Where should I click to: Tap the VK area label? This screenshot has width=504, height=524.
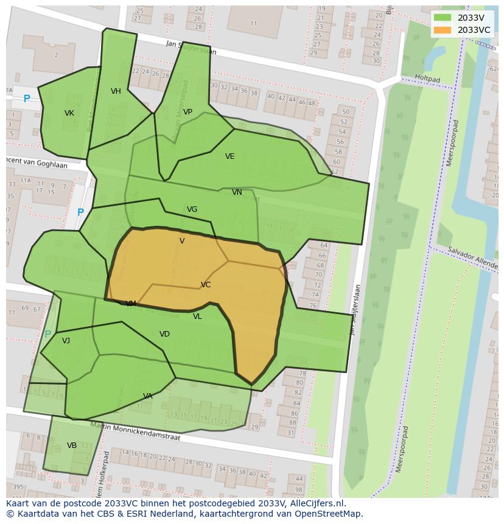point(69,113)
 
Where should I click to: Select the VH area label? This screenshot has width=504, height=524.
point(116,91)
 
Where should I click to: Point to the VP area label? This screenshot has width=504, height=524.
point(187,111)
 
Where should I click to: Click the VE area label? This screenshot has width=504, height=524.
point(229,156)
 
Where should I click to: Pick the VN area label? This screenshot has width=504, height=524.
point(237,192)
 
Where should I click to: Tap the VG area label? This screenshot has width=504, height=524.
point(192,209)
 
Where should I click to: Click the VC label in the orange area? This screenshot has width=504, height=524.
point(206,285)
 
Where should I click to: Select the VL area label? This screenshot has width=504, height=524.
point(197,316)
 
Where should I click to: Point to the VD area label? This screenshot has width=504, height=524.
point(164,334)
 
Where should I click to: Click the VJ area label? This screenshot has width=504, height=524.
point(66,341)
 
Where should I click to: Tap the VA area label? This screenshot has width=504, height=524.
point(147,396)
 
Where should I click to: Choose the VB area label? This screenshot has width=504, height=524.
point(72,445)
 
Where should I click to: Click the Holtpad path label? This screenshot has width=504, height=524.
point(427,79)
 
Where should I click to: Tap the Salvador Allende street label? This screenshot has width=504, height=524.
point(472,258)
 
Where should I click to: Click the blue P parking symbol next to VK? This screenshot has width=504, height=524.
point(27,99)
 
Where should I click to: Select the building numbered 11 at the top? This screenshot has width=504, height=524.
point(253,24)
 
